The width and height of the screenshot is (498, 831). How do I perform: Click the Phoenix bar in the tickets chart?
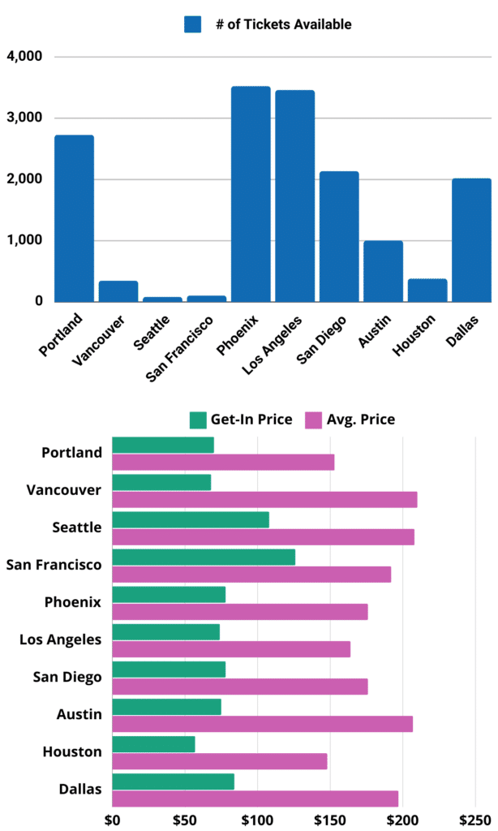pos(251,195)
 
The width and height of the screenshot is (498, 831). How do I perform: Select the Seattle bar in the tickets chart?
pos(162,299)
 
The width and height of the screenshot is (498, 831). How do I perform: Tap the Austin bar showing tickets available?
pos(383,271)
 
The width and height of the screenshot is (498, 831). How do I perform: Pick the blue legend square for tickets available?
pos(192,24)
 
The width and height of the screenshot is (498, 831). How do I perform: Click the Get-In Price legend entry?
pos(241,420)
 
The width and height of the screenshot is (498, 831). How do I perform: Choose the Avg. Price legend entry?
pos(350,420)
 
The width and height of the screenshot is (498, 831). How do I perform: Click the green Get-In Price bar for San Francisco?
pos(204,557)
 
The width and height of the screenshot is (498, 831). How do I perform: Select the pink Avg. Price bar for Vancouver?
pos(264,500)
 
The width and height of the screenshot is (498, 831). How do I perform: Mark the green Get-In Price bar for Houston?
pos(153,744)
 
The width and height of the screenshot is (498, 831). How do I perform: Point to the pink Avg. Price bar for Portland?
pos(223,463)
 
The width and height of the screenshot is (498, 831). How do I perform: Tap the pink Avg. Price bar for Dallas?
pos(255,799)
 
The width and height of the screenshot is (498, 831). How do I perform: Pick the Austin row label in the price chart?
pos(80,714)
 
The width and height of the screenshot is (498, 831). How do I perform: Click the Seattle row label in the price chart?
pos(76,527)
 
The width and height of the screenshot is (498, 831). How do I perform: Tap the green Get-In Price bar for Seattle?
pos(191,519)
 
